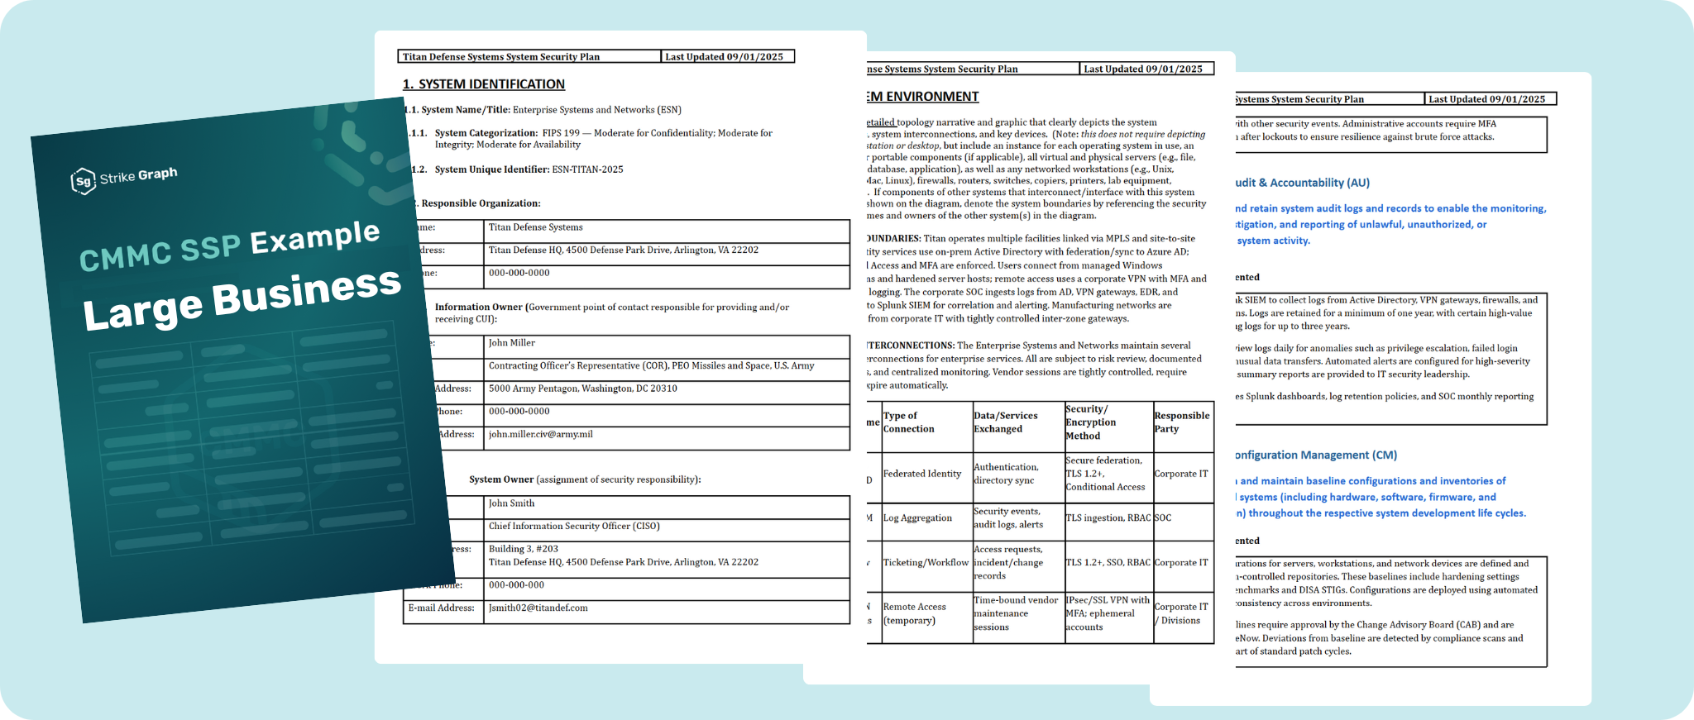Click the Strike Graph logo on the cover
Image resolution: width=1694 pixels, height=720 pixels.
point(124,178)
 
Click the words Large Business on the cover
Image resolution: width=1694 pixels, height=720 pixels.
point(242,299)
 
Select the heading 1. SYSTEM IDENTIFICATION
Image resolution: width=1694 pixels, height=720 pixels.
point(483,84)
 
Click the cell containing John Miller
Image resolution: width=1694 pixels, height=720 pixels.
point(511,343)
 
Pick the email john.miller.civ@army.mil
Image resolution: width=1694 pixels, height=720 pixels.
point(540,434)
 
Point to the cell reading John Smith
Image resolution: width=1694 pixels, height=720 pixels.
point(511,503)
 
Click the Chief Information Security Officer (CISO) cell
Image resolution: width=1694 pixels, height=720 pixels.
point(573,526)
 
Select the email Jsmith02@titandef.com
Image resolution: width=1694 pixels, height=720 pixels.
point(538,608)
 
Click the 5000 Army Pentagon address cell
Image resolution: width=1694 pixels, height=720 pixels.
point(582,389)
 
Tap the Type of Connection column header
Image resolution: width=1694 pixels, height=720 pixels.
point(908,422)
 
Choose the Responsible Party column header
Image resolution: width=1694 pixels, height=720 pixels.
point(1181,422)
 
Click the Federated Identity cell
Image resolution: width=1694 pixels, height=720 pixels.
point(921,474)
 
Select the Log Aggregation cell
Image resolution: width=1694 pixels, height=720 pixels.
point(917,518)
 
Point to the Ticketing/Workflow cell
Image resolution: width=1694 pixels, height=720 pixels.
point(925,563)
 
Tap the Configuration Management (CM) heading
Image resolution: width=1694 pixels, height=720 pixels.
point(1315,455)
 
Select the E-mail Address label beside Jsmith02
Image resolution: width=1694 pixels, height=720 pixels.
point(441,608)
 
